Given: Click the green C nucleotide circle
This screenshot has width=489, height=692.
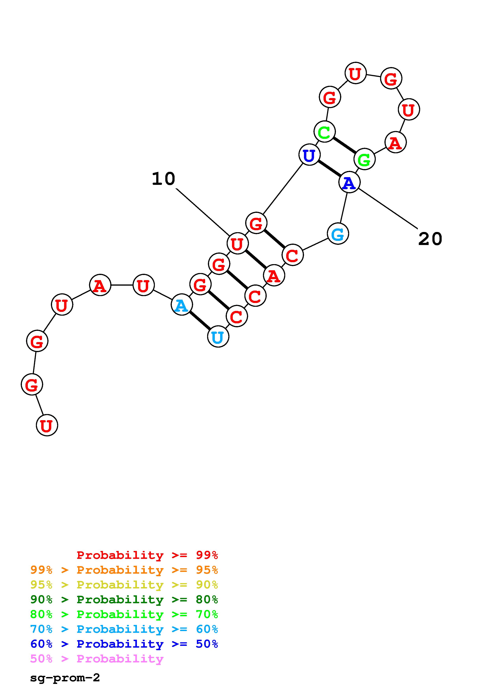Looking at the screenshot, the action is [x=324, y=131].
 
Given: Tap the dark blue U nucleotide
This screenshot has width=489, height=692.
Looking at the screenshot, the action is [x=309, y=155].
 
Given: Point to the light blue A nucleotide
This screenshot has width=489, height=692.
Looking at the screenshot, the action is [x=181, y=305].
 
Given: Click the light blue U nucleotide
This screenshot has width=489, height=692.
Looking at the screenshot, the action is [x=218, y=337].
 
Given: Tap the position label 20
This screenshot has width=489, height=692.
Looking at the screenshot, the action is [x=430, y=239].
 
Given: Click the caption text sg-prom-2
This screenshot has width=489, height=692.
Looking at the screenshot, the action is [x=65, y=678].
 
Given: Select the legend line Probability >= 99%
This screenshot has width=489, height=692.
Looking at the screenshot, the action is [x=147, y=555].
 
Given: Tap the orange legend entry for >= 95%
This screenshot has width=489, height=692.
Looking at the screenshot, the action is [x=124, y=570].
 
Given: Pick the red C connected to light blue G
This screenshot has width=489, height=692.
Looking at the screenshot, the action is [x=292, y=255].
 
